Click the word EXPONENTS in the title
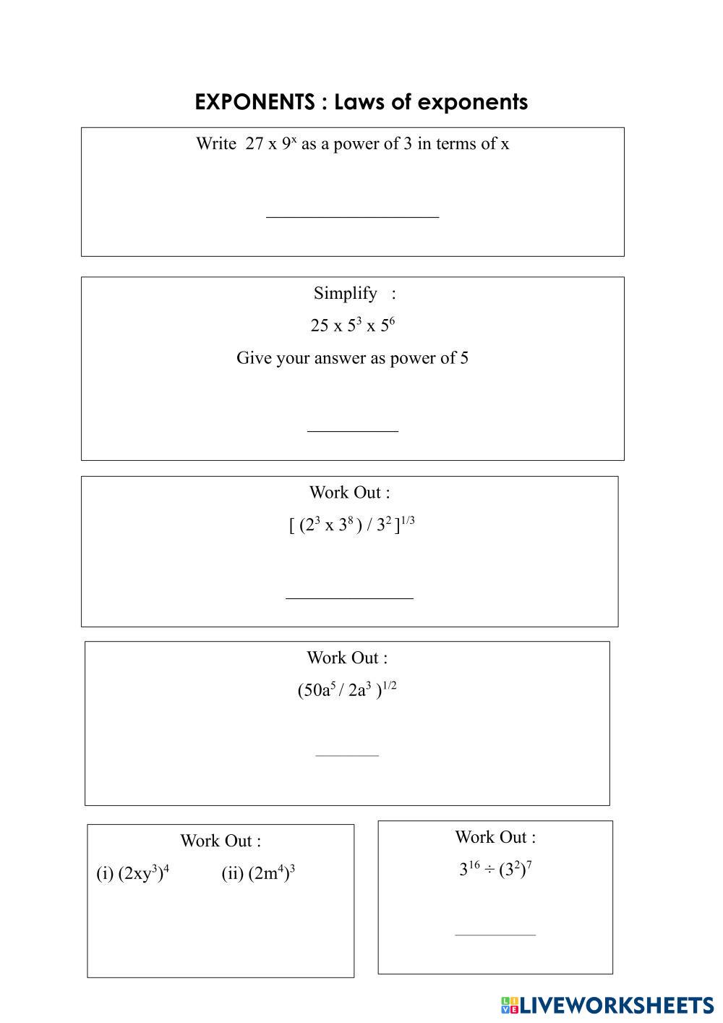click(254, 102)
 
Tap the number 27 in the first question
click(254, 144)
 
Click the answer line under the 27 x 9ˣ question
click(352, 216)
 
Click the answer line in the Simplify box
click(352, 431)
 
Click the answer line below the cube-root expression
click(349, 598)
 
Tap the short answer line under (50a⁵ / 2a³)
click(347, 755)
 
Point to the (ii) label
click(232, 874)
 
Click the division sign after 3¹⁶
click(489, 870)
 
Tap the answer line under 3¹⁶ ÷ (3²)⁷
click(495, 935)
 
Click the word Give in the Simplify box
click(254, 358)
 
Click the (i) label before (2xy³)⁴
click(105, 874)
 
